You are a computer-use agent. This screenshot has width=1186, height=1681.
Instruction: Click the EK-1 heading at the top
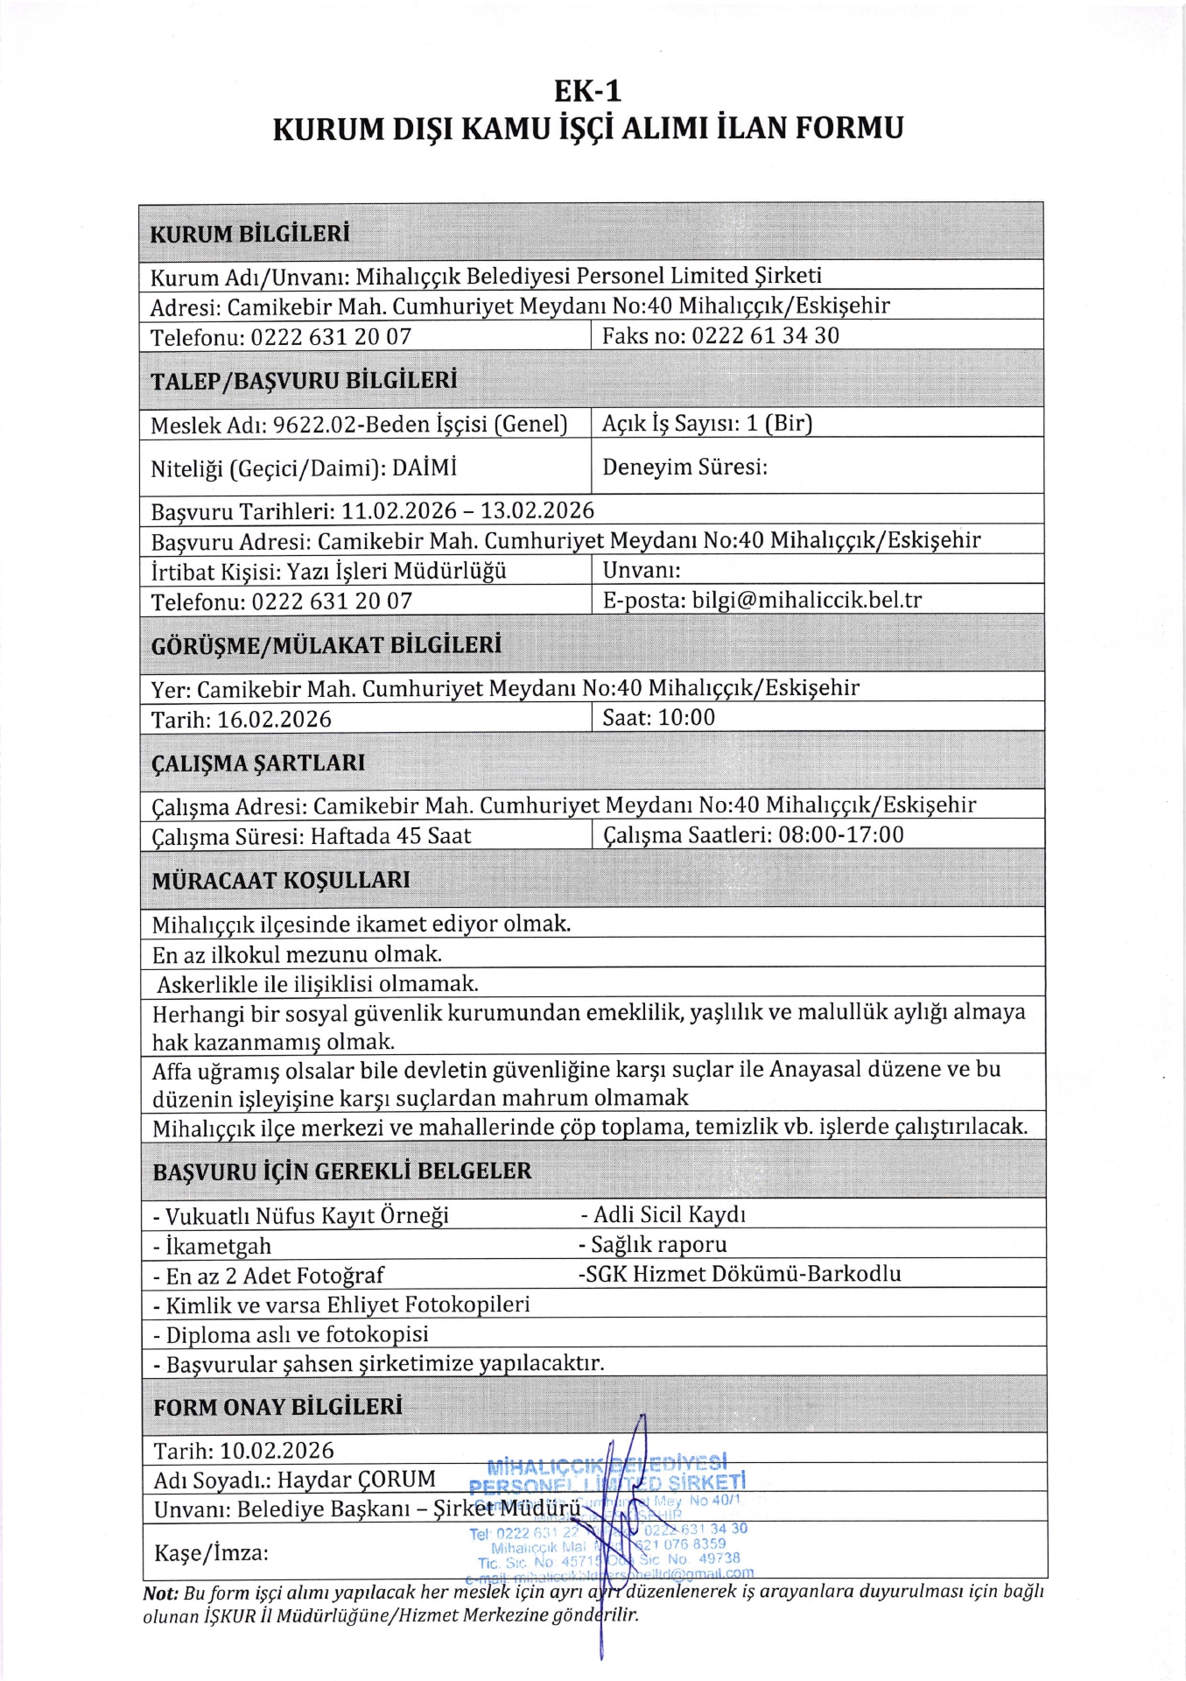pos(587,91)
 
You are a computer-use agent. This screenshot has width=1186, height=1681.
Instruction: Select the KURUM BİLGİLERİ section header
pos(249,234)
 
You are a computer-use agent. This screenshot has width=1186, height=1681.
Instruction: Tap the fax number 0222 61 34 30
pos(765,336)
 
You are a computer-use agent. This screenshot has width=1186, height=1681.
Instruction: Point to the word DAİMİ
pos(425,468)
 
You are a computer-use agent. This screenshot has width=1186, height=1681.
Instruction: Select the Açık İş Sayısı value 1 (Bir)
pos(779,424)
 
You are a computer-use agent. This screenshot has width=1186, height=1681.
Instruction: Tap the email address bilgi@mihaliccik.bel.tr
pos(806,601)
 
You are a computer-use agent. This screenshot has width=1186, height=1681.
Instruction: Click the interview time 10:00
pos(686,718)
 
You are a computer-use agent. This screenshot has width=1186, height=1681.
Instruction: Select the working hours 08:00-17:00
pos(840,835)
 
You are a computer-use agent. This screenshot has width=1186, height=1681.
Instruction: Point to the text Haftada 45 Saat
pos(390,837)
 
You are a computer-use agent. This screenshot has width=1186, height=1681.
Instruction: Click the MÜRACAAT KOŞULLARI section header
pos(280,881)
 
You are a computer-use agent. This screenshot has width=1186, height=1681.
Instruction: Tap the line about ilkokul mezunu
pos(297,954)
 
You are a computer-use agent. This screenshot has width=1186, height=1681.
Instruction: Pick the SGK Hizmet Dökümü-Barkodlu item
pos(740,1275)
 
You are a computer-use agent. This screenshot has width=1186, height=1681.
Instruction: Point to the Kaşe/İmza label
pos(211,1553)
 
